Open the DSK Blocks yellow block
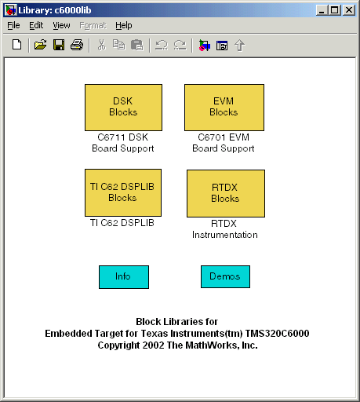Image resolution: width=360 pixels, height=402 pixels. coord(123,108)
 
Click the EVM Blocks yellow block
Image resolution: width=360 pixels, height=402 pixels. coord(224,108)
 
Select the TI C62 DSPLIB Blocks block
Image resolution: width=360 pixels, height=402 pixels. coord(123,192)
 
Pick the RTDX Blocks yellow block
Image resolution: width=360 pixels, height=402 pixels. coord(226,193)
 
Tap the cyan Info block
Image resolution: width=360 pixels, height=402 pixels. coord(124,277)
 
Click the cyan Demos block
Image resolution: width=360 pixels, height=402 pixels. coord(225,276)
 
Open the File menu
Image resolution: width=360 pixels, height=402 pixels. coord(13,25)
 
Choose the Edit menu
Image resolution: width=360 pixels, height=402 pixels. coord(36,25)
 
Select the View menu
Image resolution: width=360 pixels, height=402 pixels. coord(61,25)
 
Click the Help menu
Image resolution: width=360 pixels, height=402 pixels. coord(124,25)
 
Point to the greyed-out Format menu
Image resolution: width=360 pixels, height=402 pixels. coord(93,25)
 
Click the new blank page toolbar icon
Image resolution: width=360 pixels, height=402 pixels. coord(17,45)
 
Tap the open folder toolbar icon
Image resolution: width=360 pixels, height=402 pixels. coord(40,45)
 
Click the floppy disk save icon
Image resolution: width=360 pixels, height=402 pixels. coord(59,45)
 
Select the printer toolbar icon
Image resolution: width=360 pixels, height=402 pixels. coord(77,45)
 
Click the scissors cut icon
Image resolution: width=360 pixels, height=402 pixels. coord(101,45)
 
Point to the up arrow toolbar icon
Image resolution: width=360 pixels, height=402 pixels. coord(239,46)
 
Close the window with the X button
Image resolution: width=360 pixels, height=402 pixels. coord(349,10)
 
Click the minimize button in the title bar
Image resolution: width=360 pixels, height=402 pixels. coord(322,10)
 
